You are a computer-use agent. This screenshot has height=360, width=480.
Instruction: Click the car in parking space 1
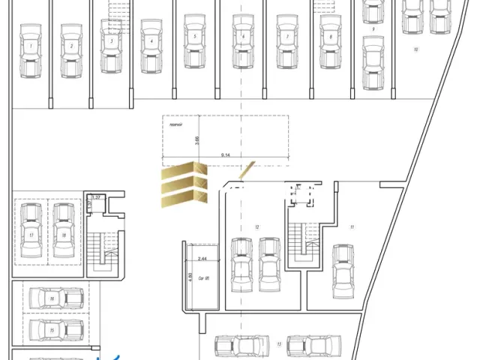click(x=31, y=49)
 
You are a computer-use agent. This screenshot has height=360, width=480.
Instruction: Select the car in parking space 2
click(x=71, y=49)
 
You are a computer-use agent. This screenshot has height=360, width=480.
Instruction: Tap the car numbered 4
click(x=152, y=46)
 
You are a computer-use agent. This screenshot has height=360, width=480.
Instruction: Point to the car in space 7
click(x=286, y=42)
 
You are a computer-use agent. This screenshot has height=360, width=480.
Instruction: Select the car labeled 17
click(x=31, y=231)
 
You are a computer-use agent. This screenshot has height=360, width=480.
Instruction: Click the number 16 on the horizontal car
click(x=52, y=299)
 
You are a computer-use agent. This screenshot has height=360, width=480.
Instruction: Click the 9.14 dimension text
click(x=226, y=154)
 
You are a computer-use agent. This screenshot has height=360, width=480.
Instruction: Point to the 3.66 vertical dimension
click(x=197, y=139)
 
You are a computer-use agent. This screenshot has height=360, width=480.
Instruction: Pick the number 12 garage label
click(x=256, y=226)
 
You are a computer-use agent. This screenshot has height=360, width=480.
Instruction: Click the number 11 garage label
click(x=352, y=226)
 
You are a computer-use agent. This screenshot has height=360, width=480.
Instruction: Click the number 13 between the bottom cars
click(x=278, y=344)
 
